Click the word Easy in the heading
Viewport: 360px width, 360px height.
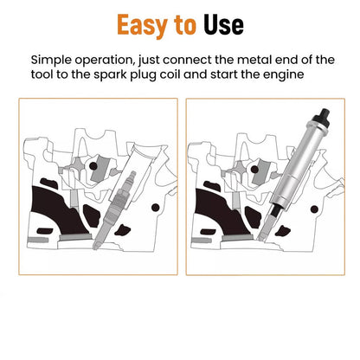point(142,25)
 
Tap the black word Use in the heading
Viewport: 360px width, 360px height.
point(223,25)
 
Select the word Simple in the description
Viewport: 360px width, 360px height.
point(51,61)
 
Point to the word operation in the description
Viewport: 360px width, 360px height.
point(105,61)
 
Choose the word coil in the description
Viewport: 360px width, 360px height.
point(170,74)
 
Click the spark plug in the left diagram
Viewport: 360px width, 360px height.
point(115,210)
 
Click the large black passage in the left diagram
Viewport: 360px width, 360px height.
point(57,210)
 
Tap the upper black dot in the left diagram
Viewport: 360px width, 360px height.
point(93,166)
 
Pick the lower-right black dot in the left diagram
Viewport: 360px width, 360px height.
point(156,207)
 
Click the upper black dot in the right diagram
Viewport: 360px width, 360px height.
point(254,170)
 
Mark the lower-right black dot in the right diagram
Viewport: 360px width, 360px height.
point(314,209)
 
